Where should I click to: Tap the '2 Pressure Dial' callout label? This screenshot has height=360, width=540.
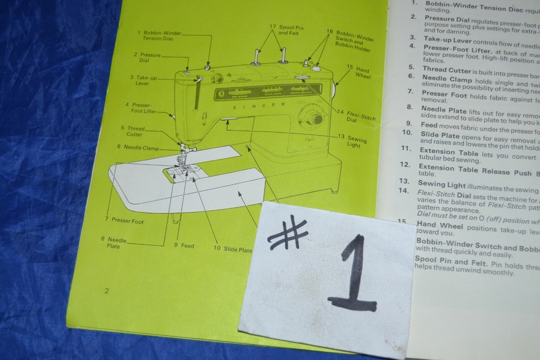pos(147,58)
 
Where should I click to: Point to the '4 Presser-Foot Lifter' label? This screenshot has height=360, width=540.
pos(142,107)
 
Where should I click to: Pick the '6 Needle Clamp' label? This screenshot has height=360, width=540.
pos(138,147)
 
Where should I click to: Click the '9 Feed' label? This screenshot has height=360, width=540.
pos(183,246)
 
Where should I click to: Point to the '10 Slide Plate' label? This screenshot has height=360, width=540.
pos(232,249)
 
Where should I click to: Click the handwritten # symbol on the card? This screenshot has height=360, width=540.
pos(289,235)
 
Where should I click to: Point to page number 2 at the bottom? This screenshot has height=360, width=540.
pos(106,290)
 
